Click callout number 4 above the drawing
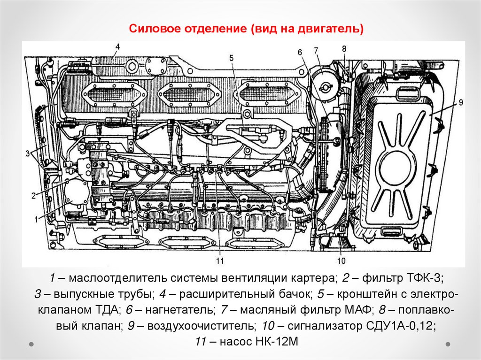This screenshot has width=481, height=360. coord(117,46)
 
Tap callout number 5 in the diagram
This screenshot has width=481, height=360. coord(231,58)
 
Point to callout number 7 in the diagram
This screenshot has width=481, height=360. coord(316,50)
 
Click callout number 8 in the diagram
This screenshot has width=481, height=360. coord(344,48)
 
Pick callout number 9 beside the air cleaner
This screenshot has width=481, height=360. coord(461,102)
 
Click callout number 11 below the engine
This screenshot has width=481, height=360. coord(219,260)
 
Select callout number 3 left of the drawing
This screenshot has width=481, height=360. coord(28,153)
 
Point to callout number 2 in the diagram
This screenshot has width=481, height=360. coord(34,196)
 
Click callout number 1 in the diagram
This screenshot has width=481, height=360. coord(36,219)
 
